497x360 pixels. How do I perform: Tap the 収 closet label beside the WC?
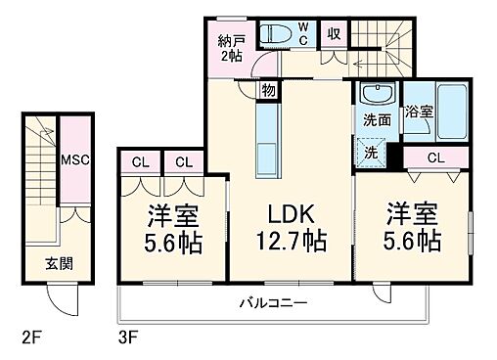pos(334,31)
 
